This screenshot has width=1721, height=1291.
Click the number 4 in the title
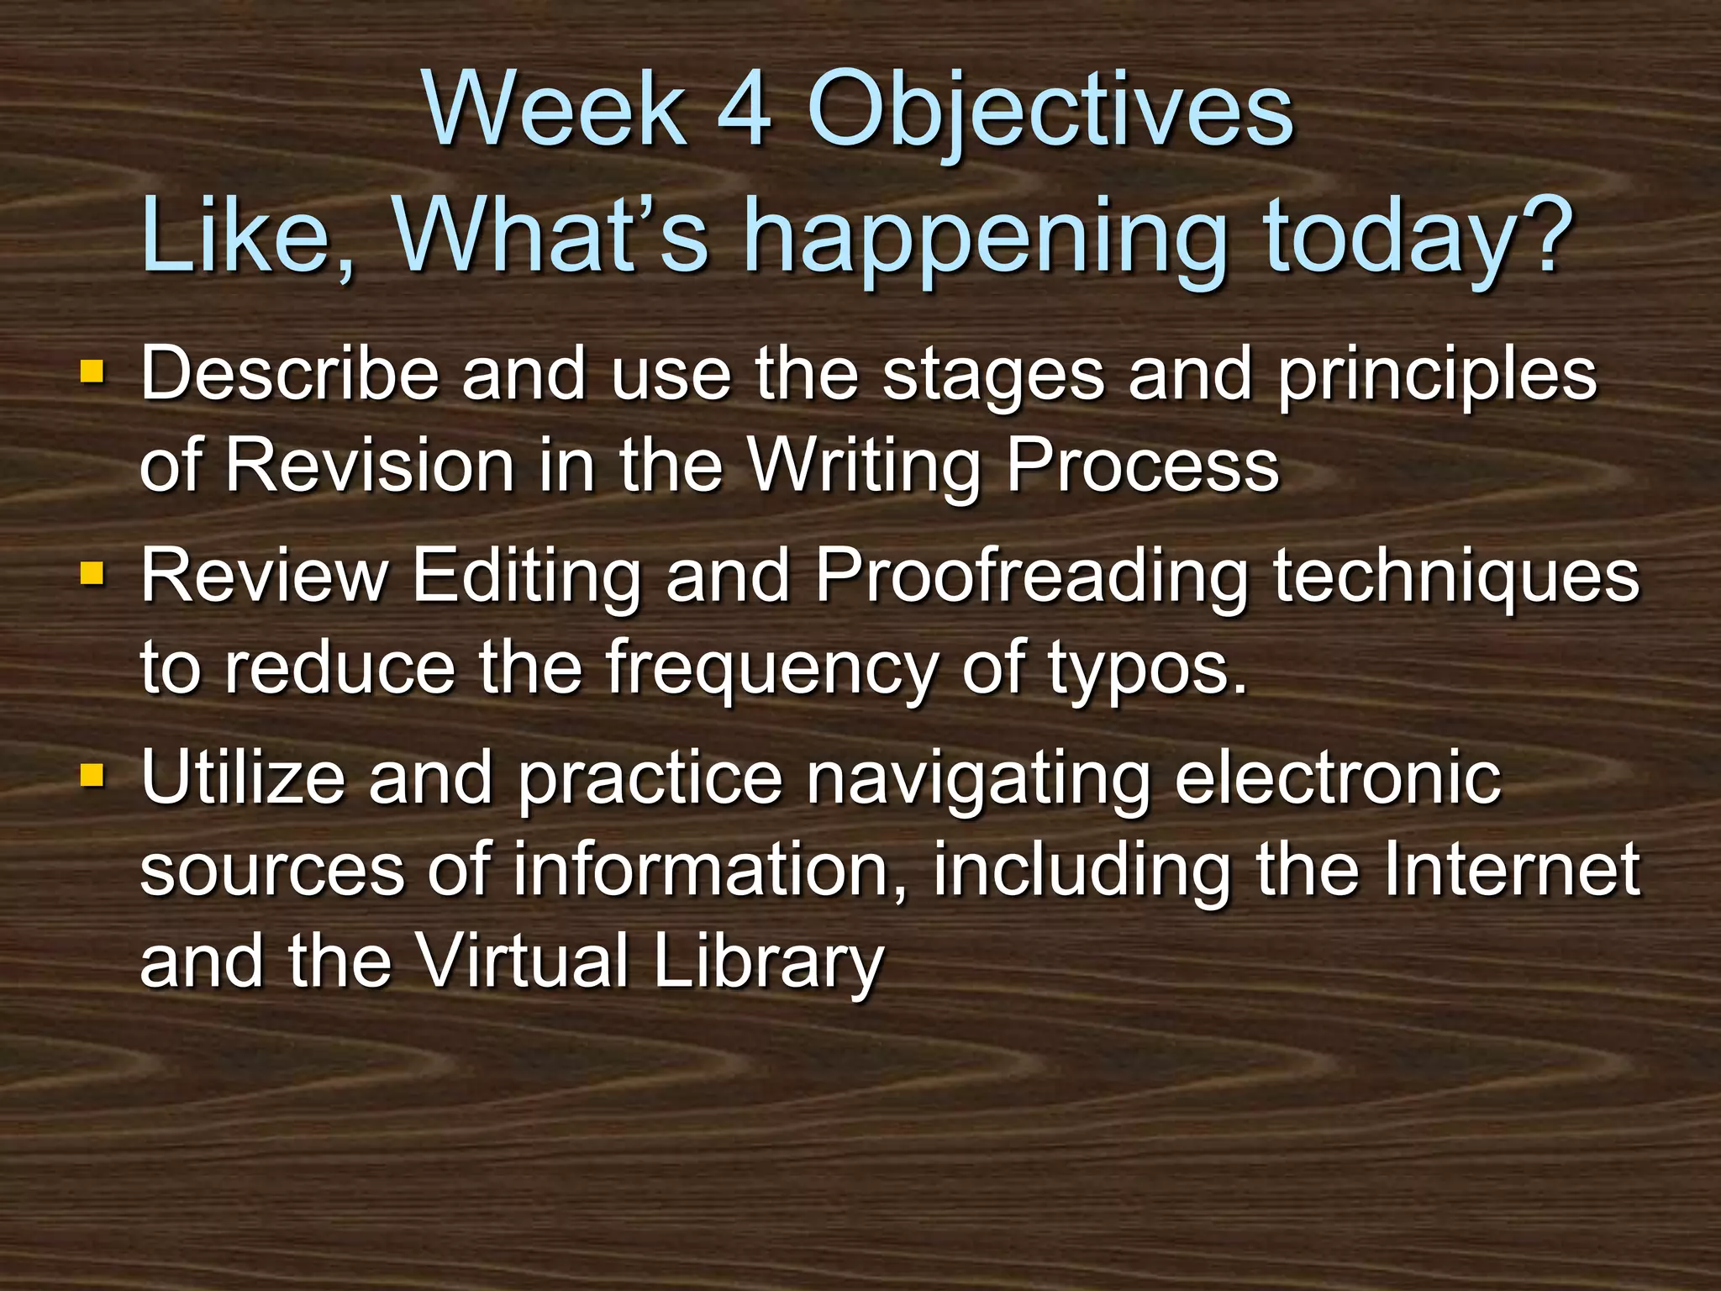[x=745, y=109]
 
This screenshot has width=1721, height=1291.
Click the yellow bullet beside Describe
[x=92, y=371]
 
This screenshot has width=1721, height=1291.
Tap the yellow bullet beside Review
[x=92, y=574]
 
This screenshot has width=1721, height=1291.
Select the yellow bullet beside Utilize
[x=92, y=774]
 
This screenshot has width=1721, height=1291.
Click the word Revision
[x=370, y=465]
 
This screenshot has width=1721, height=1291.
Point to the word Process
[x=1142, y=465]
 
